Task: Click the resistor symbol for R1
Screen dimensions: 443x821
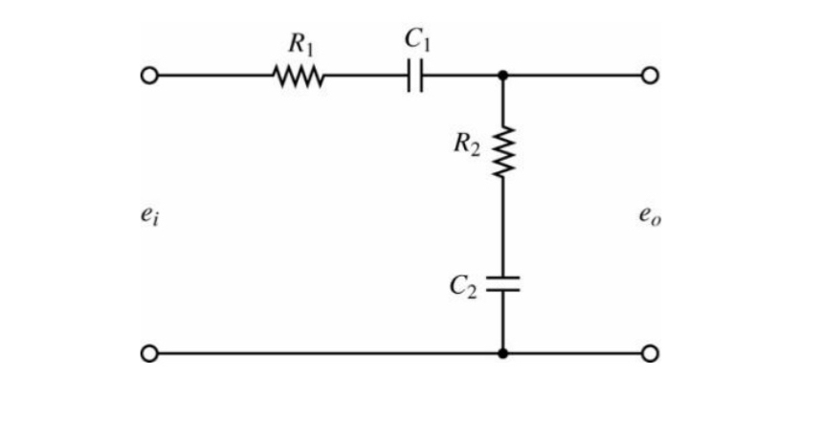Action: point(300,76)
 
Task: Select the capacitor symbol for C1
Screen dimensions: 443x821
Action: point(415,76)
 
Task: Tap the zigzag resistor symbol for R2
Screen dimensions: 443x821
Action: point(503,151)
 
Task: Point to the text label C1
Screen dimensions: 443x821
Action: point(415,39)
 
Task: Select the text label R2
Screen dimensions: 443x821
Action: point(468,145)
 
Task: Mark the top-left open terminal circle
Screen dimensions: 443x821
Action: point(148,76)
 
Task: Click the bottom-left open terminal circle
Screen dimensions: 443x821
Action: point(148,354)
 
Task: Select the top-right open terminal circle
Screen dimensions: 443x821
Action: point(651,76)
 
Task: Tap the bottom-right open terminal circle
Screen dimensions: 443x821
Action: point(651,354)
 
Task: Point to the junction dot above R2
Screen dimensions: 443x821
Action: point(503,76)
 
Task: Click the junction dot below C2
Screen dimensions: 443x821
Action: point(503,354)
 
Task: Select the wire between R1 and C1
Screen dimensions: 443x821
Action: point(366,76)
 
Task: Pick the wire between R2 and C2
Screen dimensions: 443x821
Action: point(503,225)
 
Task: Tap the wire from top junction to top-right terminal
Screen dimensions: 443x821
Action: point(574,76)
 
